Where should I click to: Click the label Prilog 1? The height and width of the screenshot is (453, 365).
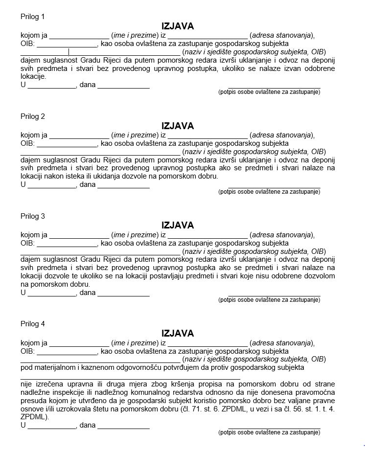(x=33, y=17)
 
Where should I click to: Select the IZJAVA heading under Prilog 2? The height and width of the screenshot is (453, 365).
(x=178, y=126)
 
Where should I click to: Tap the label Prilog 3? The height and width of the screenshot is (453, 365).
(x=33, y=216)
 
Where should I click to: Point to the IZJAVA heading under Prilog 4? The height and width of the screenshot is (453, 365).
(x=178, y=333)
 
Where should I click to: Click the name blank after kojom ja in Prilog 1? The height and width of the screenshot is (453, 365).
(x=79, y=36)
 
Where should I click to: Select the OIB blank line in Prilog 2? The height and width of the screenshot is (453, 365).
(x=67, y=144)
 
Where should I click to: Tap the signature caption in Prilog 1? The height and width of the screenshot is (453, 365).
(x=269, y=91)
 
